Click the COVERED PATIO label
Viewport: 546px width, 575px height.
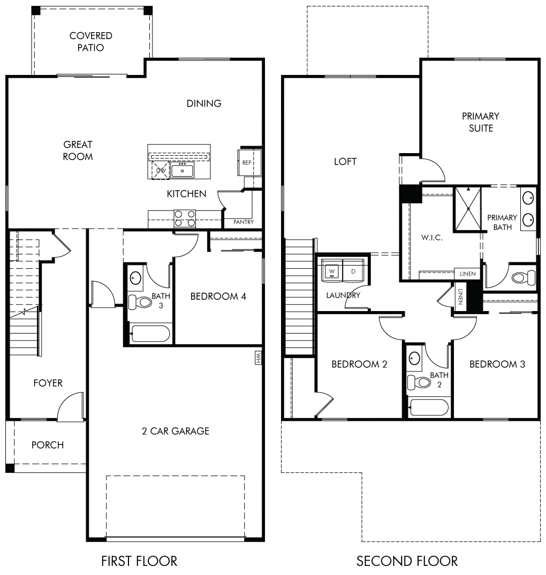pos(90,41)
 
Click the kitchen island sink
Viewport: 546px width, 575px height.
pos(182,171)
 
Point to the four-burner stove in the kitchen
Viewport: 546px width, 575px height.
pos(185,218)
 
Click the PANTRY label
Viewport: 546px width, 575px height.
pos(244,222)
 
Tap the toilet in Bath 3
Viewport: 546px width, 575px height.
pos(140,302)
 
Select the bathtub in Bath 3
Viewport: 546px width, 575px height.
pos(150,334)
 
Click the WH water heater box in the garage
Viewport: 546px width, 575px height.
pos(258,358)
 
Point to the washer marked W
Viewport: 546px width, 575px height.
pos(332,271)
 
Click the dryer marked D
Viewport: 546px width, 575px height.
pos(353,271)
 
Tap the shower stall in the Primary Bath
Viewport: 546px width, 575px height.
pos(468,209)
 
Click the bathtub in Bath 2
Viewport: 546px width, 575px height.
pos(429,407)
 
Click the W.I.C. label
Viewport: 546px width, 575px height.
pos(431,238)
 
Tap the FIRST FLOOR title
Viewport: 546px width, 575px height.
pos(139,561)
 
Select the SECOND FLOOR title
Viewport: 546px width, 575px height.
pos(407,561)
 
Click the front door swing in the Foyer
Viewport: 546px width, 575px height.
pos(71,406)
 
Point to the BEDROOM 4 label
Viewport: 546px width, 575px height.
pos(218,296)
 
